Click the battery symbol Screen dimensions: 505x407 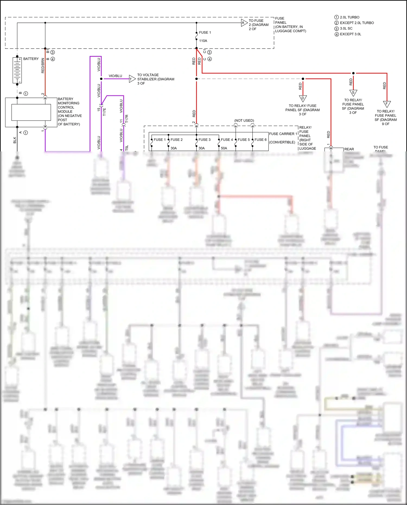point(17,70)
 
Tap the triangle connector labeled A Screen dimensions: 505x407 point(244,23)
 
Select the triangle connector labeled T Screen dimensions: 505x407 point(132,79)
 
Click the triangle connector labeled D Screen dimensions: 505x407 point(303,98)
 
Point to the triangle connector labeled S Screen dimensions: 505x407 point(353,93)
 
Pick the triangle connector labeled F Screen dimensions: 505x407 point(387,104)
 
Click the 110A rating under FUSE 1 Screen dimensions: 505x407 point(203,41)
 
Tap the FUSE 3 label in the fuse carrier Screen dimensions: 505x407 point(204,140)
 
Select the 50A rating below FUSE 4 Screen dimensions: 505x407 point(224,148)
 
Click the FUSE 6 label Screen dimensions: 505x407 point(260,140)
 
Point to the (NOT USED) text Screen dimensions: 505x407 point(244,120)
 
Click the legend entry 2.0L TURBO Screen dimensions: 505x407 point(349,17)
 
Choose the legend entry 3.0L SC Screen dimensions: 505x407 point(346,28)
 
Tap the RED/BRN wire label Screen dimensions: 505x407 point(43,66)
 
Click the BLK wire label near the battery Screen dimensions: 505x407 point(15,140)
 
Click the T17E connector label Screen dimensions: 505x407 point(104,112)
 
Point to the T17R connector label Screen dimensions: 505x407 point(127,119)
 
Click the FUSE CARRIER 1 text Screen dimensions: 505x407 point(283,134)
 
